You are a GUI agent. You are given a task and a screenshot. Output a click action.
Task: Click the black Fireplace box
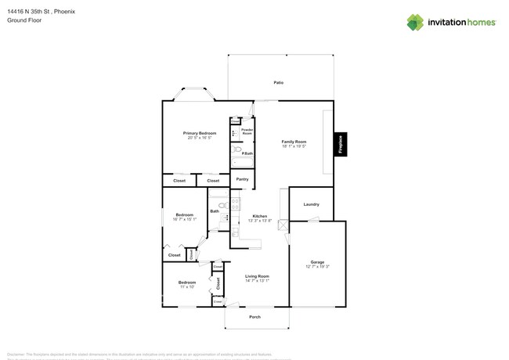pos(341,143)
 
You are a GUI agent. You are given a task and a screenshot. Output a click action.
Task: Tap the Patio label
pos(278,82)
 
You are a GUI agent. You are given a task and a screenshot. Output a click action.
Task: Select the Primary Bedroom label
pos(200,133)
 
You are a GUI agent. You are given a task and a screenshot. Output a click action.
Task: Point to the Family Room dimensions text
pos(294,146)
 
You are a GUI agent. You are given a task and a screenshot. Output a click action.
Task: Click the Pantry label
pos(242,179)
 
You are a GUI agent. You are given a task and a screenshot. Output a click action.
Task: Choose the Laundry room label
pos(311,204)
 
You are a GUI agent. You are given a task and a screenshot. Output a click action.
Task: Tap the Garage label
pos(317,262)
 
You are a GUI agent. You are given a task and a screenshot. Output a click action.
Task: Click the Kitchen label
pos(259,216)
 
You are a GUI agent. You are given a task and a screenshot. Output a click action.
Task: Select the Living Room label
pos(257,276)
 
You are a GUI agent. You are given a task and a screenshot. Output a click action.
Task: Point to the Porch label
pos(254,317)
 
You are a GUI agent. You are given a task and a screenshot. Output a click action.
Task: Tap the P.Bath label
pos(246,153)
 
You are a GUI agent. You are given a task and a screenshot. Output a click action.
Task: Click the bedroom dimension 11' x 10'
pos(186,287)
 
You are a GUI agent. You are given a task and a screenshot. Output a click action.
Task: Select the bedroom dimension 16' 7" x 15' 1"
pos(185,220)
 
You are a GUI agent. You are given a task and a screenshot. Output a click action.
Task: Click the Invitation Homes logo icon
pos(414,22)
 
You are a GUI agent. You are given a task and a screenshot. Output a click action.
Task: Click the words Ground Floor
pos(23,20)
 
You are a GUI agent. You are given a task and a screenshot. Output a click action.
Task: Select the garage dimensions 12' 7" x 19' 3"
pos(317,267)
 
